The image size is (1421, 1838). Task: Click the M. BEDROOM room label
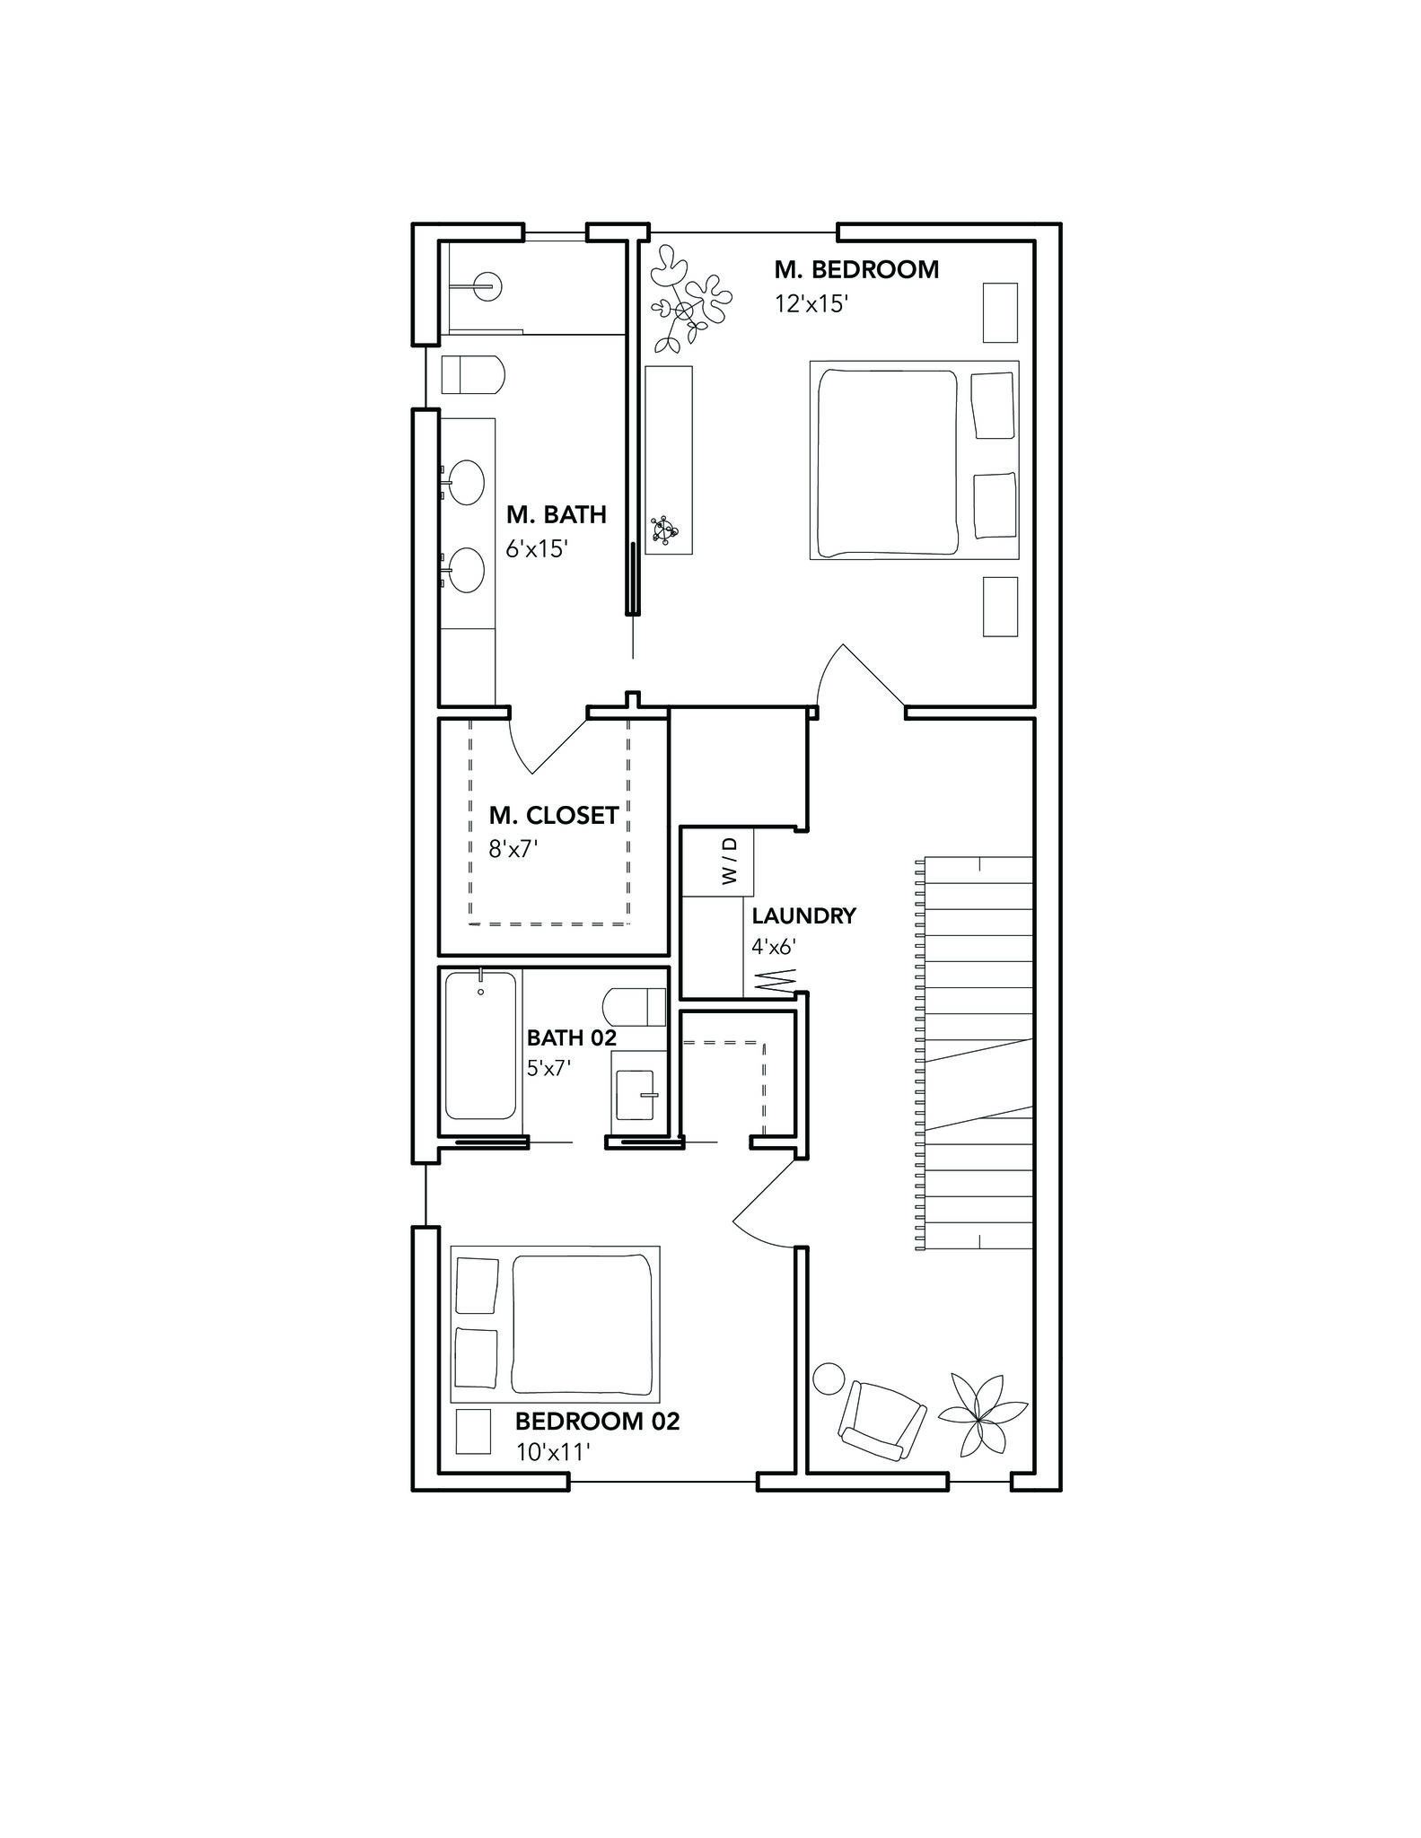coord(856,269)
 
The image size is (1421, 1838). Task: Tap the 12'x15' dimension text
coord(811,304)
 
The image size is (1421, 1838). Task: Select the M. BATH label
coord(556,514)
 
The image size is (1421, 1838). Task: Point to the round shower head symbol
coord(487,287)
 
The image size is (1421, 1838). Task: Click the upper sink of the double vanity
coord(467,482)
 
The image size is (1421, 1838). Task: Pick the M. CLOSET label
coord(553,815)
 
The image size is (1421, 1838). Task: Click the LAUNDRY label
coord(803,916)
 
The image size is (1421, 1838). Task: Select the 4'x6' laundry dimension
coord(774,946)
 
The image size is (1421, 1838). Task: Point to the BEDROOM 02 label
coord(597,1422)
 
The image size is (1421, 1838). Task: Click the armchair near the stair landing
coord(881,1422)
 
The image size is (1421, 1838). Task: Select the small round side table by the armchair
coord(829,1378)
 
